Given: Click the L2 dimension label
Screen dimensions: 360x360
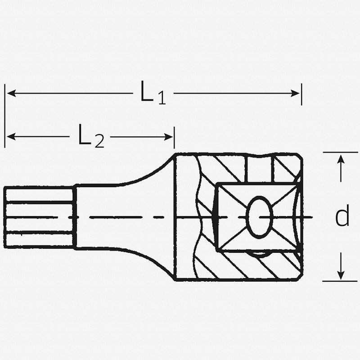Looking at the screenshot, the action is [91, 136].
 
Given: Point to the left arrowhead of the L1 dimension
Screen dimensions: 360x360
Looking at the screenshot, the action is [12, 93].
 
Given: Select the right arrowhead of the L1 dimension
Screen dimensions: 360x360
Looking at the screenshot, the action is [295, 93].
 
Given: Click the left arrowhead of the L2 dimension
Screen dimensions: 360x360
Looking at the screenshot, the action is [12, 137].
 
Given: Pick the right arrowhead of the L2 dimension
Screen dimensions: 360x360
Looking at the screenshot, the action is [168, 137].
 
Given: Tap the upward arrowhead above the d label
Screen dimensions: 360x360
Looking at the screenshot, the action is [341, 159].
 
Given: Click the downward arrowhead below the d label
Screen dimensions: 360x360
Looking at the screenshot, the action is [341, 275].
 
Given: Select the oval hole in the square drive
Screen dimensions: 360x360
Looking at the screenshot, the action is [260, 217].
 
